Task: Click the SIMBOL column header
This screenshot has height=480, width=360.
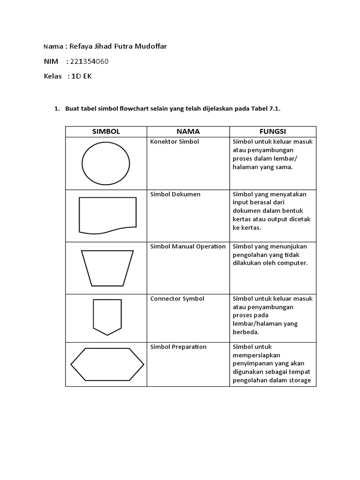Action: click(106, 132)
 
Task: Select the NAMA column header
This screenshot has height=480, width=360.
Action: click(188, 132)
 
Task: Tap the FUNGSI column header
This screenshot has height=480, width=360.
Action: click(273, 132)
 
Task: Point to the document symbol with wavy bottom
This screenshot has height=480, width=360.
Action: click(107, 215)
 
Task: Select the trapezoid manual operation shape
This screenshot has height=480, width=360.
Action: click(107, 268)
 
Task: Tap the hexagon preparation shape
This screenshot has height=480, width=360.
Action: click(107, 364)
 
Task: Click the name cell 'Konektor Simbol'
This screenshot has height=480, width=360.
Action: click(174, 142)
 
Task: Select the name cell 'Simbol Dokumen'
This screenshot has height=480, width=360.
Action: click(175, 194)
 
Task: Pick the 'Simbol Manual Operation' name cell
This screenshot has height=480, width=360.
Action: click(187, 247)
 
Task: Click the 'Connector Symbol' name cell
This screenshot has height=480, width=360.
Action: click(177, 299)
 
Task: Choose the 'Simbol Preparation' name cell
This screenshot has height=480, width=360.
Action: click(178, 347)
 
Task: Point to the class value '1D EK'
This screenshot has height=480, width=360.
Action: click(82, 76)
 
